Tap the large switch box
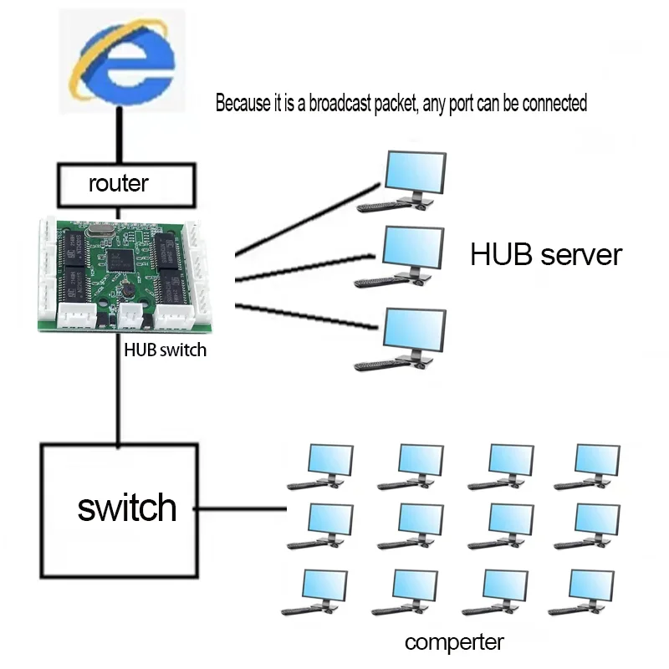120,509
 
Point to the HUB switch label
165,350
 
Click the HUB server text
546,254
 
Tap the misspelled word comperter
454,642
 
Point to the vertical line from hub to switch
120,393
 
